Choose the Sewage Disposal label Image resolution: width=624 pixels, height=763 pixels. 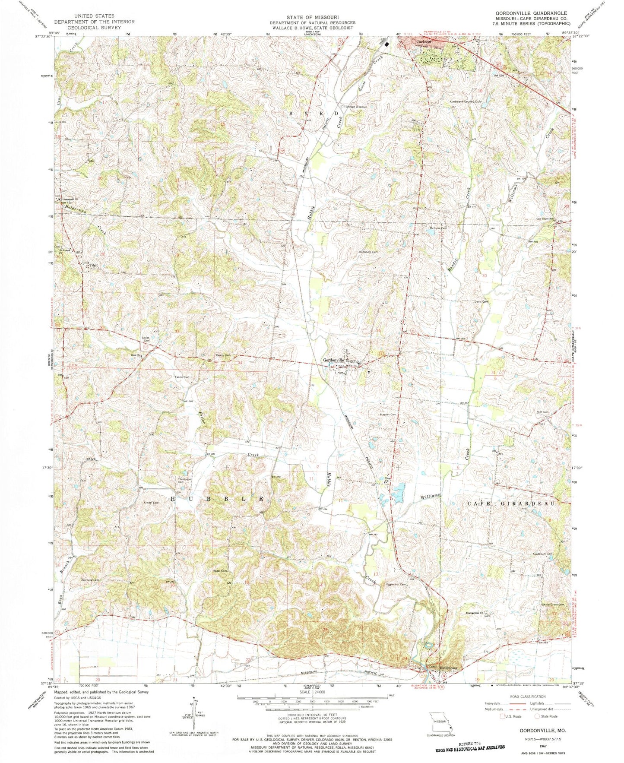pyautogui.click(x=356, y=106)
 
